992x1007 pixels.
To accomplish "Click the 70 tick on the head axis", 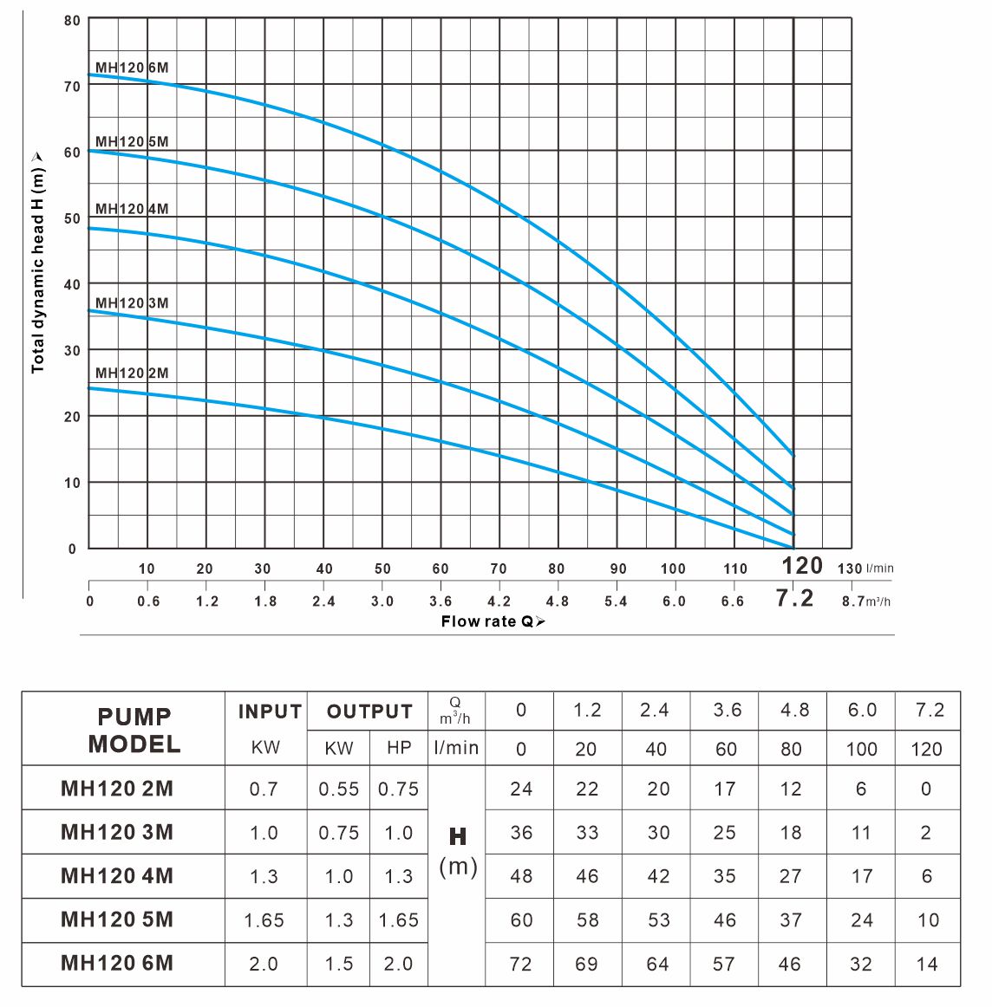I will tap(71, 87).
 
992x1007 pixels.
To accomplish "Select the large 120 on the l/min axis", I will tap(802, 566).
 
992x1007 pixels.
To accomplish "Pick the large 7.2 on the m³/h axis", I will tap(794, 599).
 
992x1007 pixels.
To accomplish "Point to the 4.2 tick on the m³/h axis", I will tap(499, 601).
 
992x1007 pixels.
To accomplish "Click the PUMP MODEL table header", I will tap(134, 730).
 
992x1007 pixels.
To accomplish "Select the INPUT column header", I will tap(270, 711).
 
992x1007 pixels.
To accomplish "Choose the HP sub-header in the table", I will tap(398, 748).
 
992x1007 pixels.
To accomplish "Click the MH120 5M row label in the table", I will tap(116, 919).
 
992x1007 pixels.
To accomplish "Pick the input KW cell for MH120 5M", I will tap(264, 920).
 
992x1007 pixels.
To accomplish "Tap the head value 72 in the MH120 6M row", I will tap(521, 964).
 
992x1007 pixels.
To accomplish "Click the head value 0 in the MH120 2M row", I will tap(926, 789).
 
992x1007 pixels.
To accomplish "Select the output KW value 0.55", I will tap(338, 789).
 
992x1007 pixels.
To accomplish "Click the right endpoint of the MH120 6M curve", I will tap(793, 455).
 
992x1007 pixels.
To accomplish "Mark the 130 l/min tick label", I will tap(850, 569).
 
